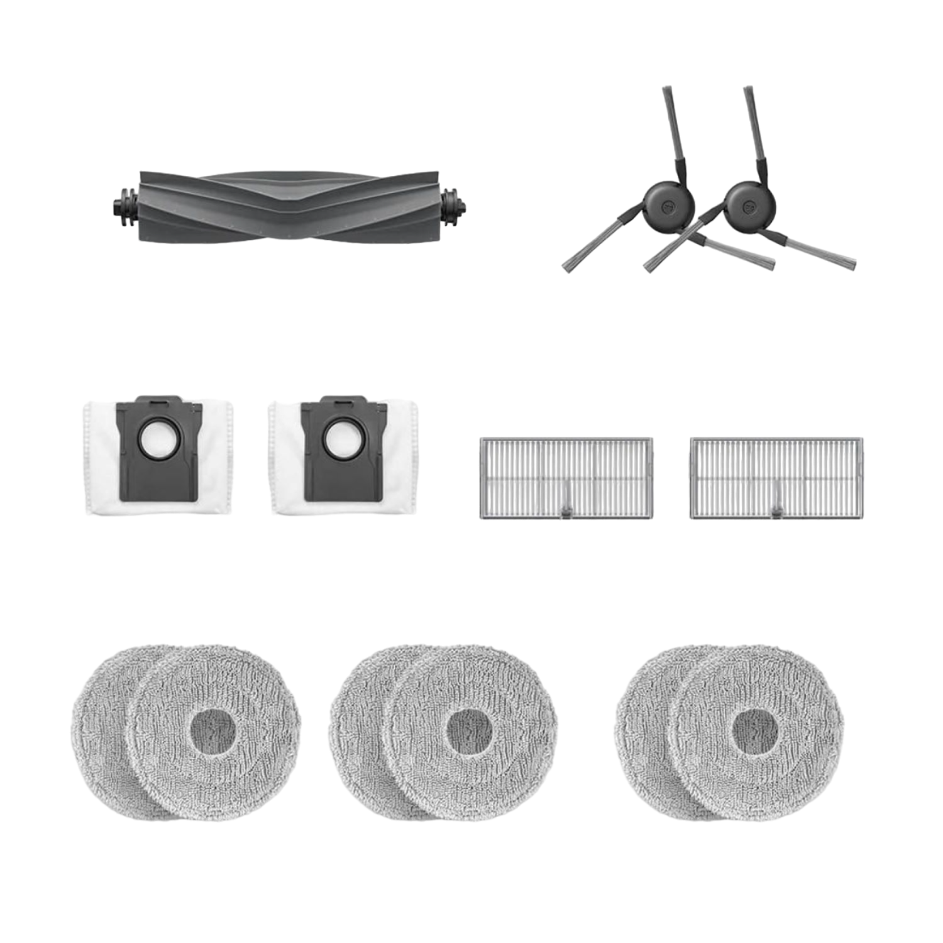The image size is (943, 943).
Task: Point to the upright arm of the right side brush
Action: [x=754, y=132]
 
